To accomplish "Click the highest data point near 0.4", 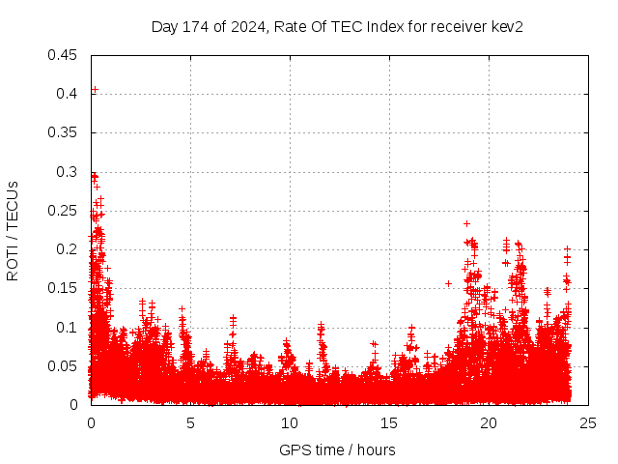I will coord(95,90).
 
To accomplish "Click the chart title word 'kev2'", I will coord(507,26).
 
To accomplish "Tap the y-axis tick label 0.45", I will coord(64,54).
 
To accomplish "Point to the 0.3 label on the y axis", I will coord(68,171).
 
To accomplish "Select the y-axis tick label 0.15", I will coord(64,288).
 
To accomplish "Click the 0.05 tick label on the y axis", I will coord(64,365).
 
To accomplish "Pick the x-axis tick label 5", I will coord(190,422).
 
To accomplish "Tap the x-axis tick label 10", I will coord(290,422).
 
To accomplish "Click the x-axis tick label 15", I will coord(389,422).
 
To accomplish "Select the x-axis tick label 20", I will coord(489,422).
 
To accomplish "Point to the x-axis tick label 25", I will coord(588,422).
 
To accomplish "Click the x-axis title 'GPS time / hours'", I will coord(337,449).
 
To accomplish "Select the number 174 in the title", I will coord(191,26).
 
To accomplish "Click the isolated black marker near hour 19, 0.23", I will coord(467,223).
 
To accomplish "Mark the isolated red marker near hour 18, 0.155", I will coord(449,283).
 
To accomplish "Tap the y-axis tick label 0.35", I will coord(64,132).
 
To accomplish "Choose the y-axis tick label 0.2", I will coord(68,249).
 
